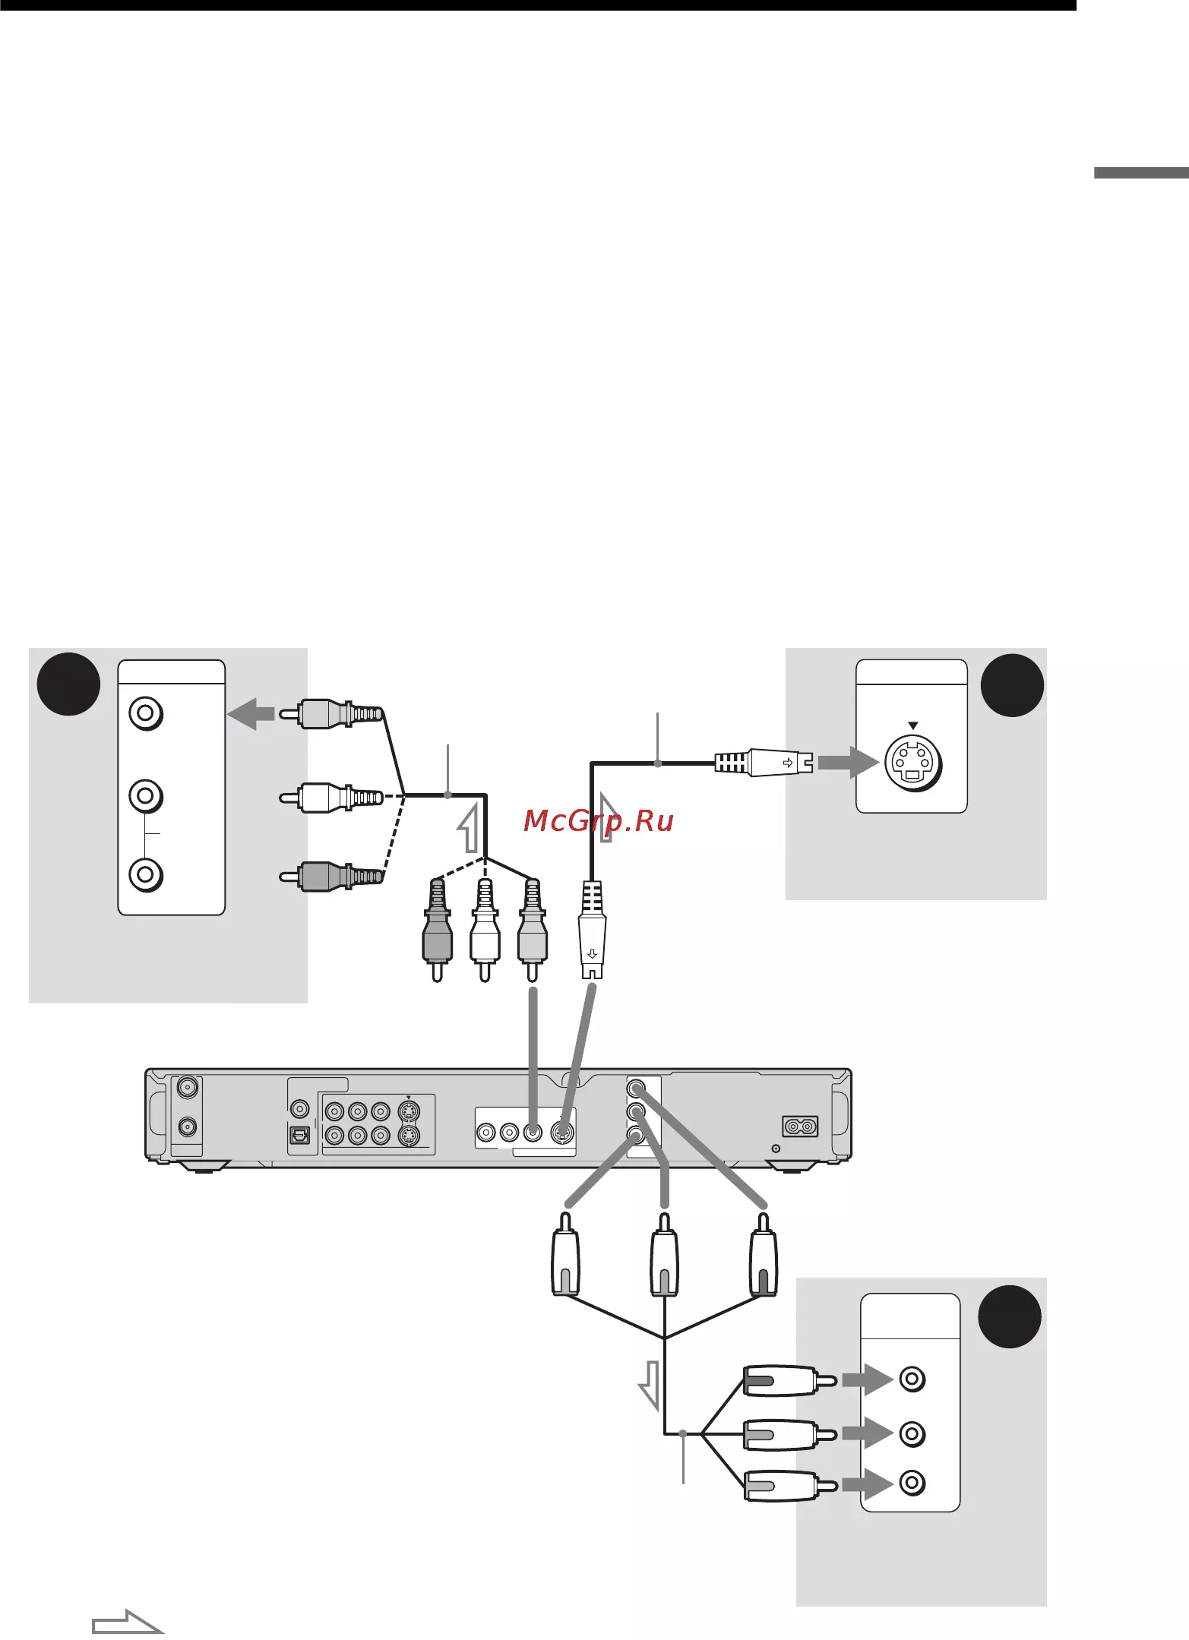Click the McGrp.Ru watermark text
click(599, 820)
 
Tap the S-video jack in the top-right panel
click(912, 763)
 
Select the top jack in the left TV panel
click(146, 714)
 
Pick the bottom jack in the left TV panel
click(146, 874)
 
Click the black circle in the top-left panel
click(68, 684)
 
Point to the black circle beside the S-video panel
click(1011, 685)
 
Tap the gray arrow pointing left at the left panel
click(251, 713)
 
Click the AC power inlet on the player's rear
click(800, 1126)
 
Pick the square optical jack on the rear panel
click(300, 1134)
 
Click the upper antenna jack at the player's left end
click(187, 1088)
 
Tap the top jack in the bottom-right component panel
click(912, 1379)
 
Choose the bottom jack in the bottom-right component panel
click(912, 1483)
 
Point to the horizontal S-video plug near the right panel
click(764, 762)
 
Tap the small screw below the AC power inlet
click(776, 1149)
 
